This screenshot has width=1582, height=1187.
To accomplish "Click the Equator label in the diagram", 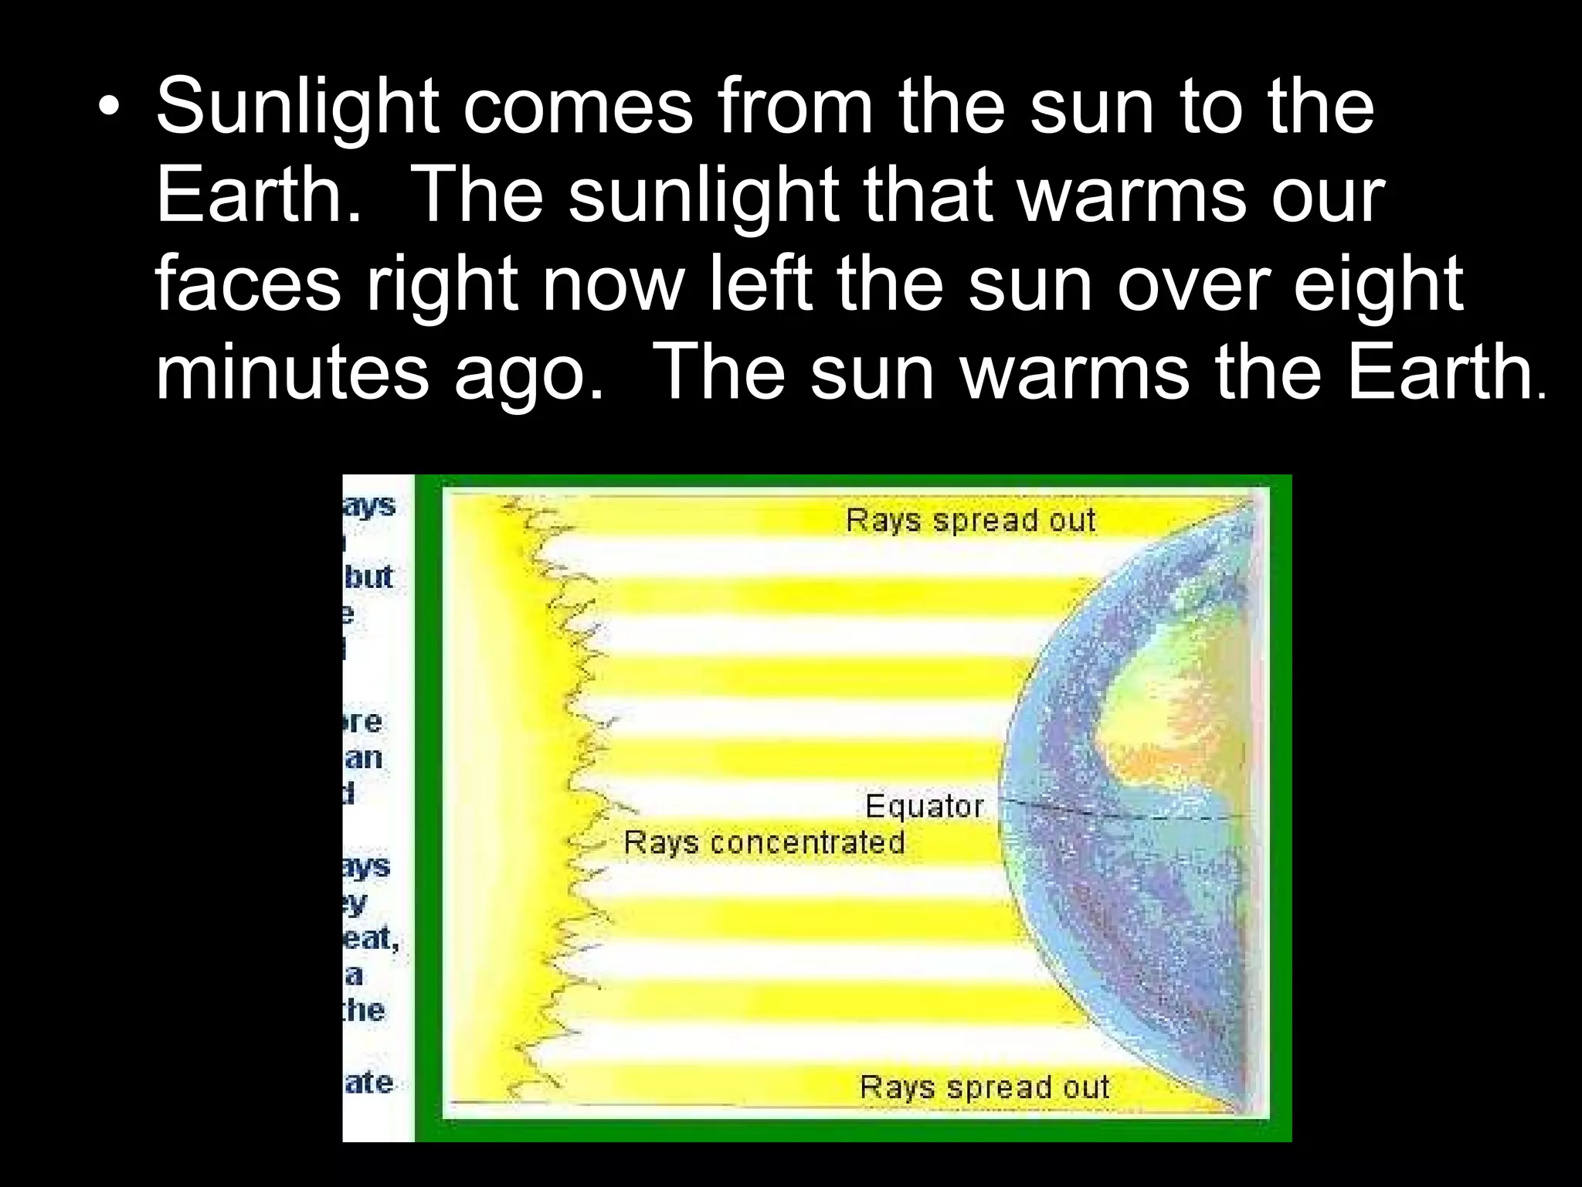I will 924,806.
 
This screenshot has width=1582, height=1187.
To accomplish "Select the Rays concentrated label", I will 764,842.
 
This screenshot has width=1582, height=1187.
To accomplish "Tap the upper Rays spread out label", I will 970,520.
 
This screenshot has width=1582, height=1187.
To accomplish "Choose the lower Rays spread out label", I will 984,1087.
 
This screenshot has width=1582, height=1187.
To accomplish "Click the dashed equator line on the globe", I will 1120,811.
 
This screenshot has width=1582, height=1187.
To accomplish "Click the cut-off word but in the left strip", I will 368,576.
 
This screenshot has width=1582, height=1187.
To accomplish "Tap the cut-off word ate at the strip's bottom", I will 368,1082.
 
